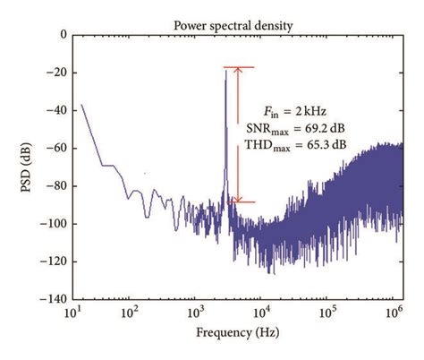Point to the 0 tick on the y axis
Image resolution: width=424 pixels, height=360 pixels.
pyautogui.click(x=62, y=35)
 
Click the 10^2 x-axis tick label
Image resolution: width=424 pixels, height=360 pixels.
pyautogui.click(x=130, y=314)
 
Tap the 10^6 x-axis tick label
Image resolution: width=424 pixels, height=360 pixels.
pyautogui.click(x=390, y=314)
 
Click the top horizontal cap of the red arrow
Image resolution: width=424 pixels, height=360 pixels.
pyautogui.click(x=238, y=67)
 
